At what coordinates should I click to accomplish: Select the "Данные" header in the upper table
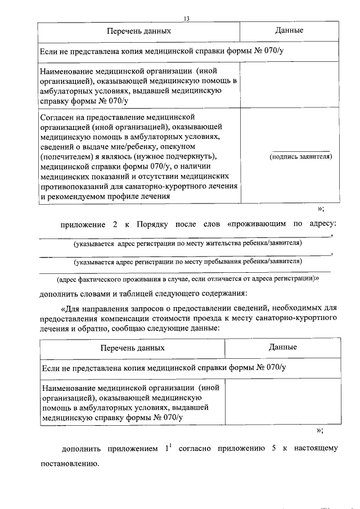[290, 30]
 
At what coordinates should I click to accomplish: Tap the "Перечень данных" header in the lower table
[132, 348]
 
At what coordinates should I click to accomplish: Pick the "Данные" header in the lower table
[283, 348]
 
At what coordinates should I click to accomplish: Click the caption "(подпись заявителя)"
[301, 156]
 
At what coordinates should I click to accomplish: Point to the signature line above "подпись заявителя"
[301, 150]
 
